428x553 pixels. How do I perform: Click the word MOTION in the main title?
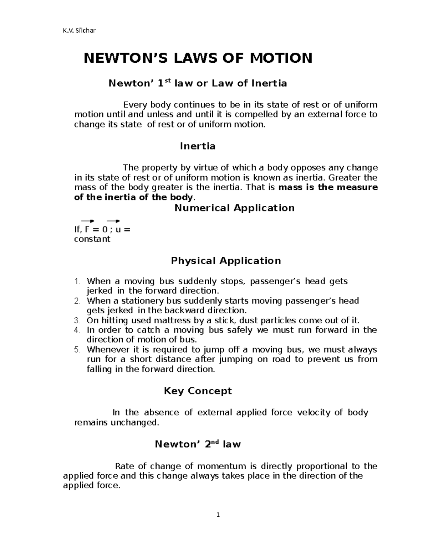pos(281,58)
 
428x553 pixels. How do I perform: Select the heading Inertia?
pos(198,146)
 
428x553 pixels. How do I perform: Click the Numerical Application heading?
pos(234,208)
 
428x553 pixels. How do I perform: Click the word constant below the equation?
pos(92,239)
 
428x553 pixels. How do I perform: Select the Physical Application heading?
pos(226,261)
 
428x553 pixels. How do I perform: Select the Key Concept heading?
pos(198,391)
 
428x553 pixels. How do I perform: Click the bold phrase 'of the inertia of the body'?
pos(133,197)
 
